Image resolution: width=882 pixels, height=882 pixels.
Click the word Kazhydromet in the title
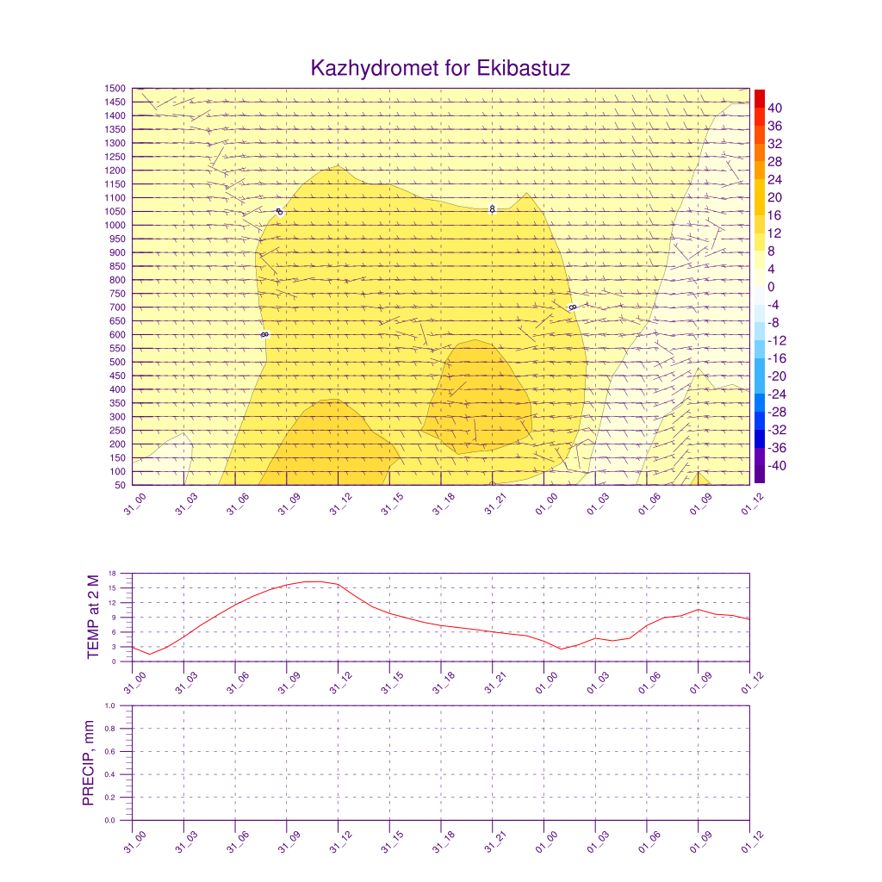coord(375,68)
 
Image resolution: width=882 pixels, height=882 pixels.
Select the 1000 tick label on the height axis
coord(115,225)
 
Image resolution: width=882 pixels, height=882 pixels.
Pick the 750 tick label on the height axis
coord(117,294)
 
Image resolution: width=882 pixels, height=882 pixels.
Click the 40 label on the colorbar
coord(774,108)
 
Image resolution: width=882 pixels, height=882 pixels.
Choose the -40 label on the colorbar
coord(777,466)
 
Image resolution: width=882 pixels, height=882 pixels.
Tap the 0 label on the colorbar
coord(771,287)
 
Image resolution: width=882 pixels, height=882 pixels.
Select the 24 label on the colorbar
coord(774,179)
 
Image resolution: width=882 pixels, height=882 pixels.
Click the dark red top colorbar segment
coord(759,97)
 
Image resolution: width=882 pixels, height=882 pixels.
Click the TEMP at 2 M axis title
coord(94,617)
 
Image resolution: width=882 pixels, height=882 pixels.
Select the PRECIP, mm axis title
coord(88,763)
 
